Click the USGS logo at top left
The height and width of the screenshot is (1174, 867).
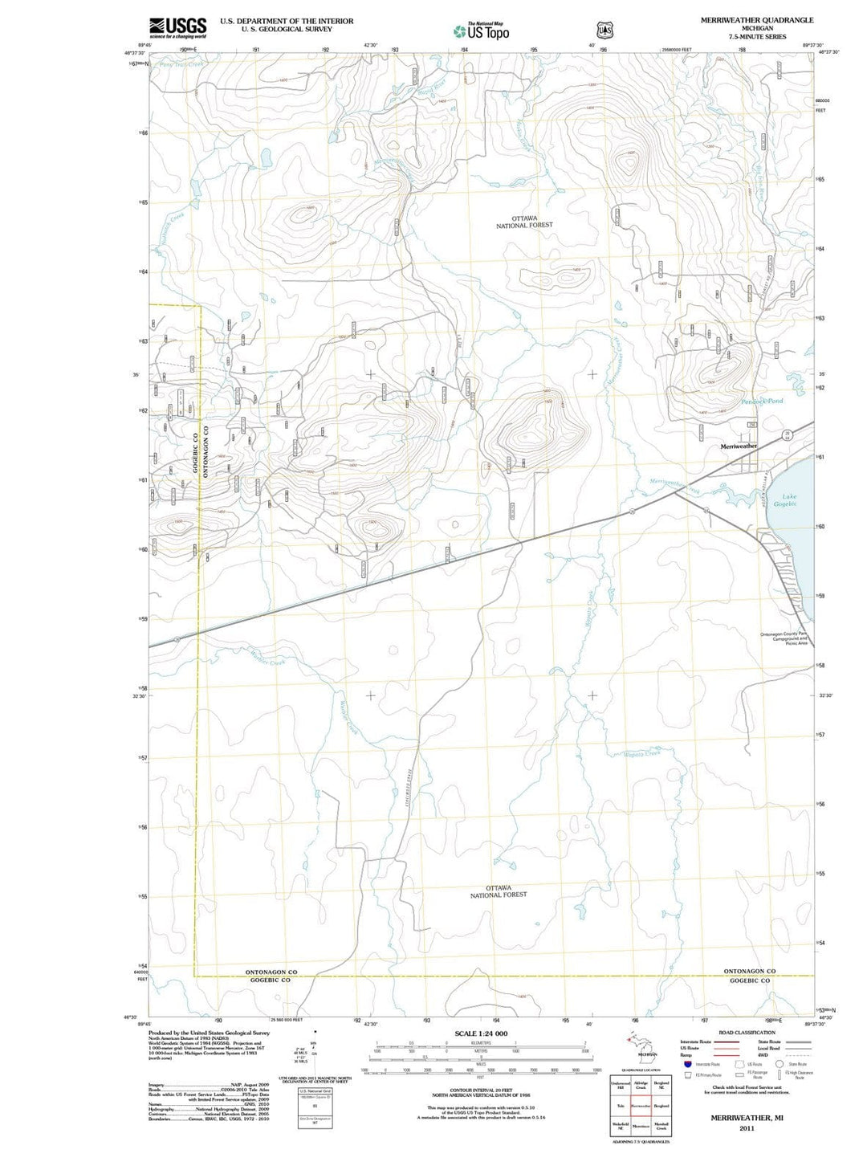pyautogui.click(x=177, y=27)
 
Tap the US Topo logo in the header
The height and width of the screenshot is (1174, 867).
pyautogui.click(x=481, y=31)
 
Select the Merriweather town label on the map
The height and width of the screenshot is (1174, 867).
pyautogui.click(x=739, y=446)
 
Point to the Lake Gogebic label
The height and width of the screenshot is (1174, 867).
pyautogui.click(x=785, y=499)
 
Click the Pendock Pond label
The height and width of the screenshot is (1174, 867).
pyautogui.click(x=762, y=401)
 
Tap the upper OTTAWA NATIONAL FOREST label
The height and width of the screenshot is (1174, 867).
pyautogui.click(x=524, y=222)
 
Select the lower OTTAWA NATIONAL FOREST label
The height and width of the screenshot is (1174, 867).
pyautogui.click(x=499, y=891)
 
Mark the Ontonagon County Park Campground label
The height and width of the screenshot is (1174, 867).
pyautogui.click(x=784, y=638)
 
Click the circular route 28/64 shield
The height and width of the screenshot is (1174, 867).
pyautogui.click(x=788, y=435)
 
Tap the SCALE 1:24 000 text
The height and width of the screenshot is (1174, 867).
pyautogui.click(x=481, y=1033)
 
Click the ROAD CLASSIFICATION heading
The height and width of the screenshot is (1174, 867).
pyautogui.click(x=747, y=1033)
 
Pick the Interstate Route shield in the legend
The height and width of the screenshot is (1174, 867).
pyautogui.click(x=687, y=1064)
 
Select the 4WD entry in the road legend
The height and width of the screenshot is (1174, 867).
pyautogui.click(x=763, y=1055)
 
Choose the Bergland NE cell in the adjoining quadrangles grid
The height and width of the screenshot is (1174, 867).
pyautogui.click(x=661, y=1085)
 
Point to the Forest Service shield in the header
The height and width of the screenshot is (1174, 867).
pyautogui.click(x=604, y=30)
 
